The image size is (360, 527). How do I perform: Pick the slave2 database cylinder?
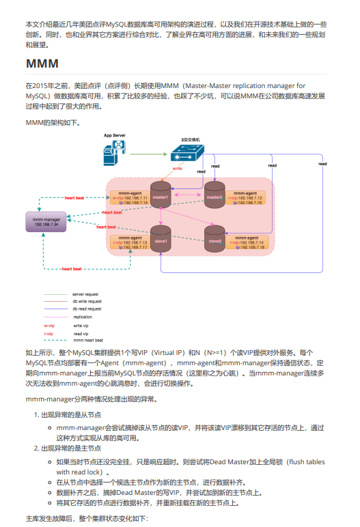pyautogui.click(x=215, y=240)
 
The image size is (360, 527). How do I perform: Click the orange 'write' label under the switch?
pyautogui.click(x=177, y=168)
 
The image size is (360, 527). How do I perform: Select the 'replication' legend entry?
pyautogui.click(x=83, y=317)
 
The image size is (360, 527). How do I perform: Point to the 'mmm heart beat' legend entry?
pyautogui.click(x=88, y=339)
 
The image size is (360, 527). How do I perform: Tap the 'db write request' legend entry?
pyautogui.click(x=87, y=301)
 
